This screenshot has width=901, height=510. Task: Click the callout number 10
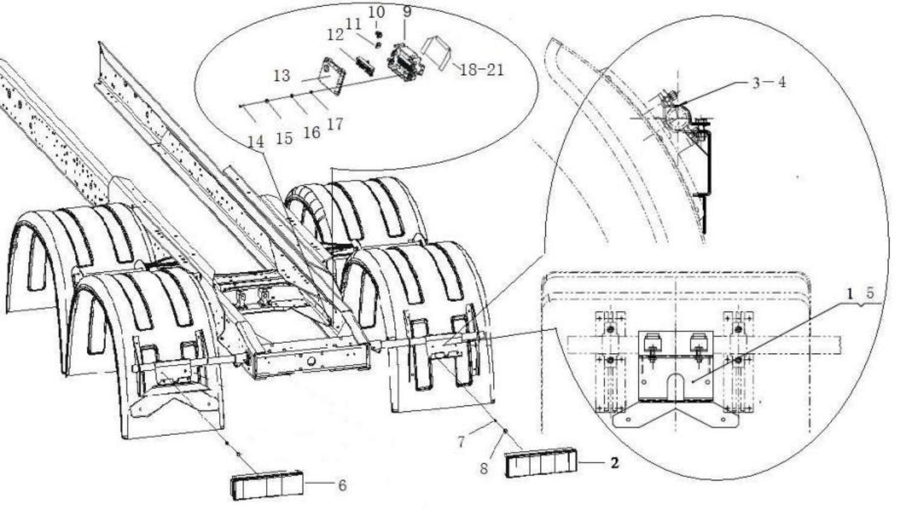tap(376, 11)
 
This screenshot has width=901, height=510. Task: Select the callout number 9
tap(407, 11)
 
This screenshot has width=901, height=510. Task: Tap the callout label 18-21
tap(481, 70)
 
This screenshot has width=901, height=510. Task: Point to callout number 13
tap(281, 76)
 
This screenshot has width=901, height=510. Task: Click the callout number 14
tap(256, 142)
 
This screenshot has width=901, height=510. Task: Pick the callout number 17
tap(335, 124)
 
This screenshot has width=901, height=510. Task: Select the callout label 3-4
tap(769, 82)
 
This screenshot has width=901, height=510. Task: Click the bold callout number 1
tap(850, 293)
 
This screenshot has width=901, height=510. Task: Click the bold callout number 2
tap(614, 462)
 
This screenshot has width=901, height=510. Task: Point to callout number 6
tap(342, 485)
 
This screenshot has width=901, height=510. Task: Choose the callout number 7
tap(461, 442)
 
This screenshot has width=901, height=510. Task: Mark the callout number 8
tap(484, 469)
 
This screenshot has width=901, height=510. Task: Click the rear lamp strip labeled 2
tap(541, 462)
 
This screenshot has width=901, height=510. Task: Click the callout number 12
tap(335, 35)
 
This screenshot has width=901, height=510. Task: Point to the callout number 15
tap(284, 138)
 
